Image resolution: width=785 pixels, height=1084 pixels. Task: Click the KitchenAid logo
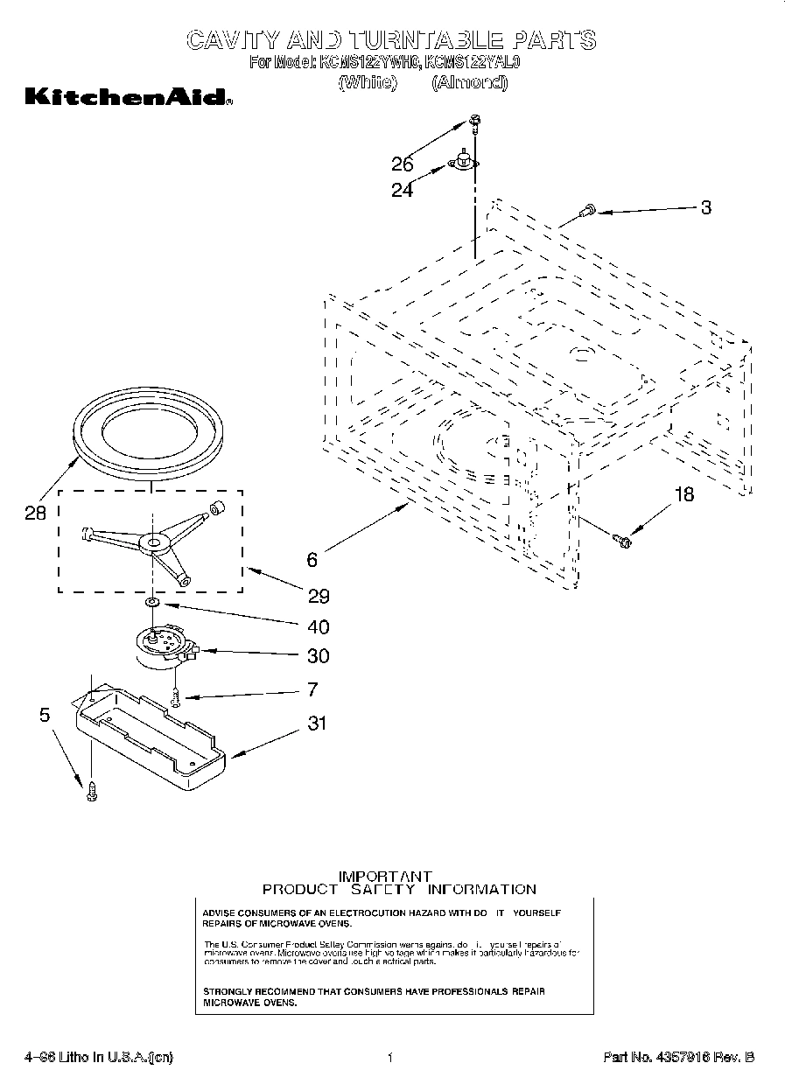(x=128, y=97)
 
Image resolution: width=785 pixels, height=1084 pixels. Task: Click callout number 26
(x=403, y=164)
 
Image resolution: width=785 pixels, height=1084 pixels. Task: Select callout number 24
(x=403, y=190)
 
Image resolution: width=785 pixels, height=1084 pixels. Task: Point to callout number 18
(x=684, y=495)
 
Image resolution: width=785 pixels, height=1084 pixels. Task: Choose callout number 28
(x=35, y=514)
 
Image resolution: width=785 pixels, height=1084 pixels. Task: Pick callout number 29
(x=319, y=596)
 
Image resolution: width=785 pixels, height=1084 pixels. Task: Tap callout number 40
(x=319, y=627)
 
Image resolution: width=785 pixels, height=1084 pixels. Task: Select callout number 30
(x=319, y=656)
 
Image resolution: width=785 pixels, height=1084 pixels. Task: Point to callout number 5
(x=44, y=715)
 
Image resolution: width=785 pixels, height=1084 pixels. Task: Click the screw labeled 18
(x=622, y=542)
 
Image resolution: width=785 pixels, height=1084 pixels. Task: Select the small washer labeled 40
(x=152, y=603)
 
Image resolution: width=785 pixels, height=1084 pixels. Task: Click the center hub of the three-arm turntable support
(x=155, y=544)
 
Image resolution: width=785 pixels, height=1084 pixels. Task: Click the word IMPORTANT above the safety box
(x=385, y=876)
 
